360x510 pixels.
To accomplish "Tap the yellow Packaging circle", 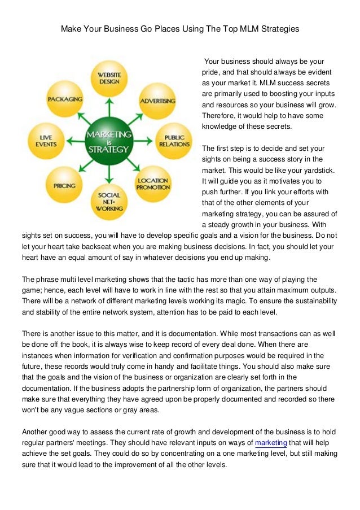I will coord(64,99).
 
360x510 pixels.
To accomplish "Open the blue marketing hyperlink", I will coord(271,443).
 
